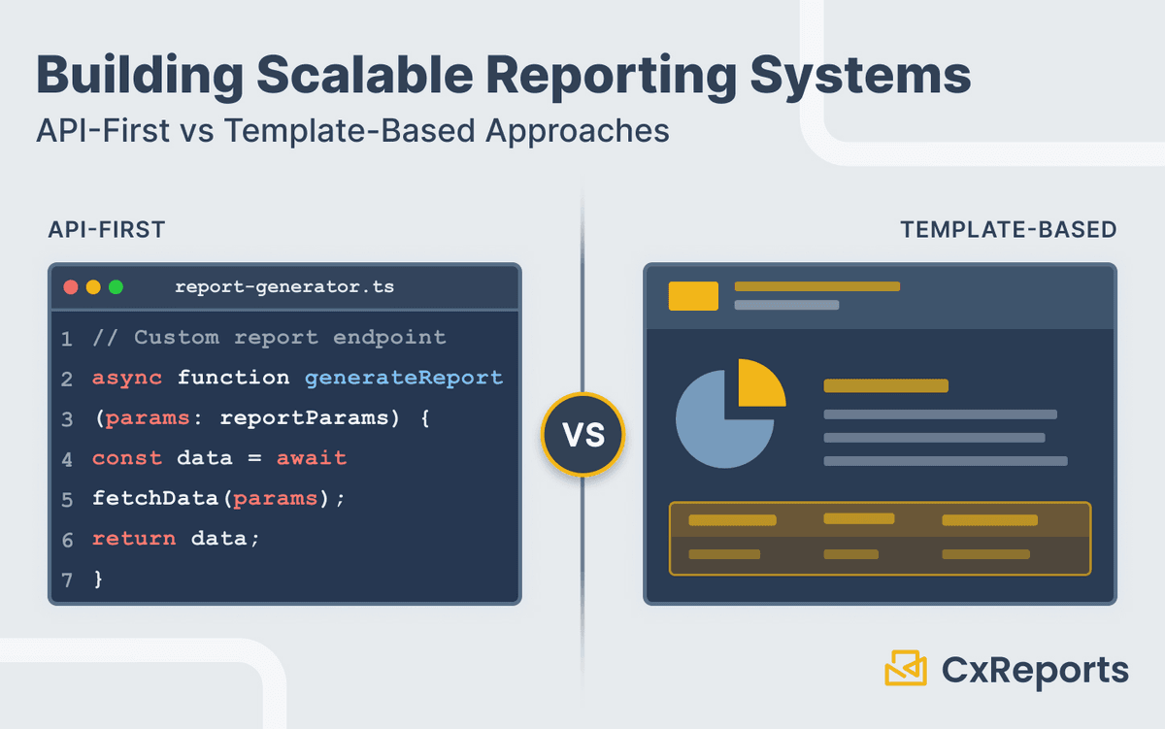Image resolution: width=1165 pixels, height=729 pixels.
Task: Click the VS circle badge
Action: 582,434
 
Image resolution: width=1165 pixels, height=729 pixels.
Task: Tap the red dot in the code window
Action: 70,287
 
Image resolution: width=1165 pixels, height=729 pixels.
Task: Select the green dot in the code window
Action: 116,287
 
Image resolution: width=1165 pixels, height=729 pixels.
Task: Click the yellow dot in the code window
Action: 93,287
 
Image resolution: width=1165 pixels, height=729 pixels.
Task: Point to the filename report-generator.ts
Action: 284,287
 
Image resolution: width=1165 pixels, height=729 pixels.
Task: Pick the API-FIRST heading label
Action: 107,230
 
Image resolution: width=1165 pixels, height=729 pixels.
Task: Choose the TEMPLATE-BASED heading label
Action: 1008,230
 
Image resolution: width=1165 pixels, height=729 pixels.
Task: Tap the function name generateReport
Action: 404,378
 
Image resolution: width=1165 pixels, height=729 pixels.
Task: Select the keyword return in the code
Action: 134,538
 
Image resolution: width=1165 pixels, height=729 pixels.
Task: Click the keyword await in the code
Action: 312,457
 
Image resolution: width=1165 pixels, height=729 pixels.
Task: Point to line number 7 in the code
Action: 66,580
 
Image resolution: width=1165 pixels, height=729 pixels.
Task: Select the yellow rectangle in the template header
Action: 693,296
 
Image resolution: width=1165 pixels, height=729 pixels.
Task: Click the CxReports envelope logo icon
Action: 906,668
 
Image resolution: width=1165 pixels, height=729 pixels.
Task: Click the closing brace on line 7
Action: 97,579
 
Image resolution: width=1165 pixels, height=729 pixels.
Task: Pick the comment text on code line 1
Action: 269,338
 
